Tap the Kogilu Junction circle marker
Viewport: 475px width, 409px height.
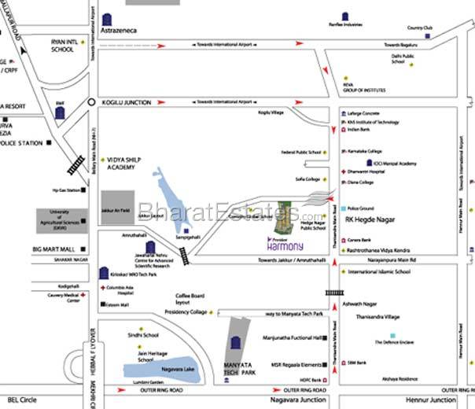pyautogui.click(x=90, y=102)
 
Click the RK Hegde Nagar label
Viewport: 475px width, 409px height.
pyautogui.click(x=373, y=220)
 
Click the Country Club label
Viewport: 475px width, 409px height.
pyautogui.click(x=420, y=28)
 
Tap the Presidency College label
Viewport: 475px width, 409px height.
pyautogui.click(x=186, y=311)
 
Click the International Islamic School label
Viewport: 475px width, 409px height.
pyautogui.click(x=379, y=271)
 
